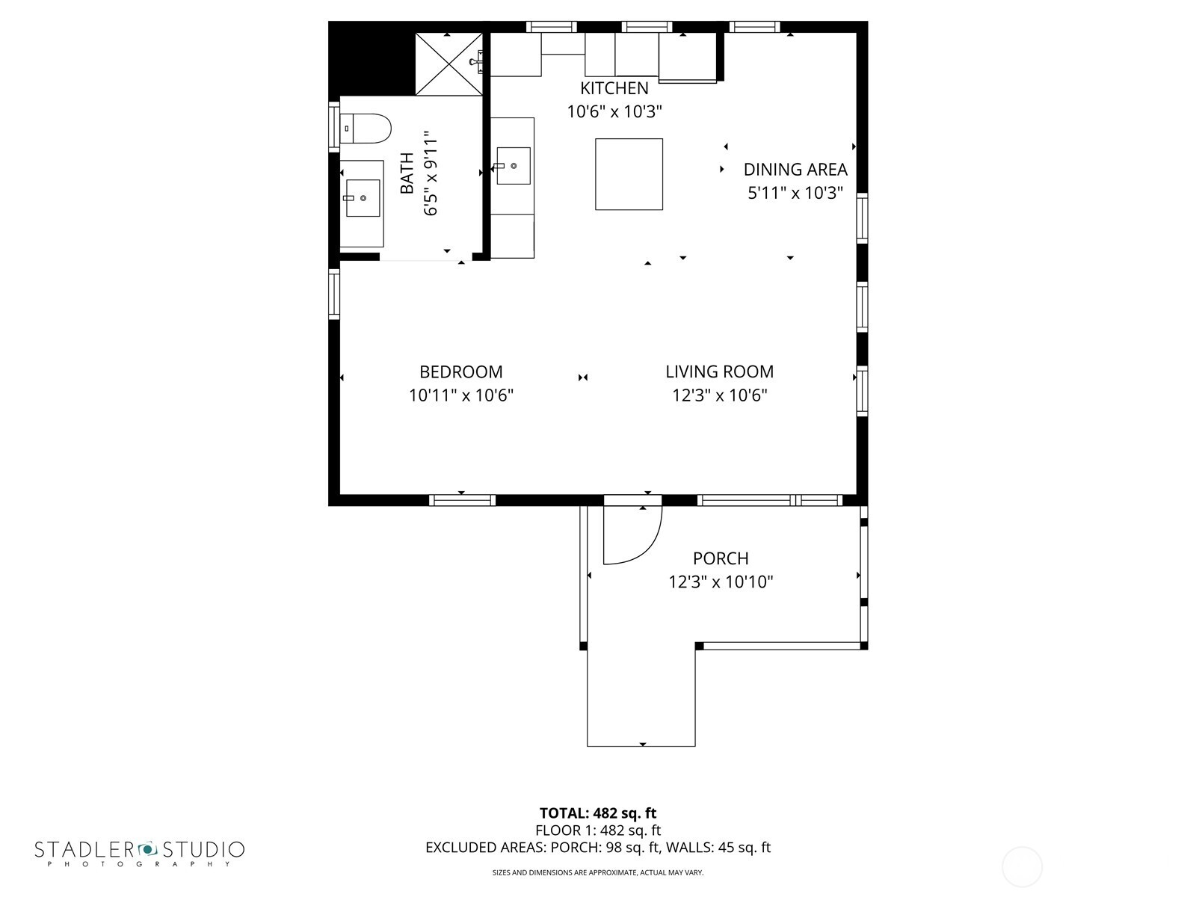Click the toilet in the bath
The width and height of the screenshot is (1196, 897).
[x=366, y=129]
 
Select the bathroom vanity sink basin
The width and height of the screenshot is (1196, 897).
[x=363, y=198]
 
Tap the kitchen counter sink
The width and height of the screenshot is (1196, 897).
[x=514, y=166]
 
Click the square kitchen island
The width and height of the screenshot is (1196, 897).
[x=629, y=174]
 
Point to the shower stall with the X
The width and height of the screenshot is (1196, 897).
[x=449, y=64]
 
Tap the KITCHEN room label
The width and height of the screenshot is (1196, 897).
[x=614, y=88]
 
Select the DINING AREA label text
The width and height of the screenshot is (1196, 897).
[x=795, y=170]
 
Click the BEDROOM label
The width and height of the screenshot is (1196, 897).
[x=460, y=372]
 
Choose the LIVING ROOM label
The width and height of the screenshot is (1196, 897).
[x=719, y=372]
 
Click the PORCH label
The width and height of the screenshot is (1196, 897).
[x=721, y=558]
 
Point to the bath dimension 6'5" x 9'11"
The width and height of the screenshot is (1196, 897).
[x=431, y=174]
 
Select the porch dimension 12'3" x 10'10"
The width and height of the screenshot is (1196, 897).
[x=721, y=582]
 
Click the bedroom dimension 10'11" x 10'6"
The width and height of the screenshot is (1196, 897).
[x=460, y=395]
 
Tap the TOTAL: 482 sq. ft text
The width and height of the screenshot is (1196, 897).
[x=598, y=813]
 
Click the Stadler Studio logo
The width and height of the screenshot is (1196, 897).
[x=140, y=852]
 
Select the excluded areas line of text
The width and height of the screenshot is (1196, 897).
[x=598, y=848]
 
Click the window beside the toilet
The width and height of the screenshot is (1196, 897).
[x=334, y=127]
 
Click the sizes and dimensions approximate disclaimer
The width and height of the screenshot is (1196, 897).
[x=598, y=872]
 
